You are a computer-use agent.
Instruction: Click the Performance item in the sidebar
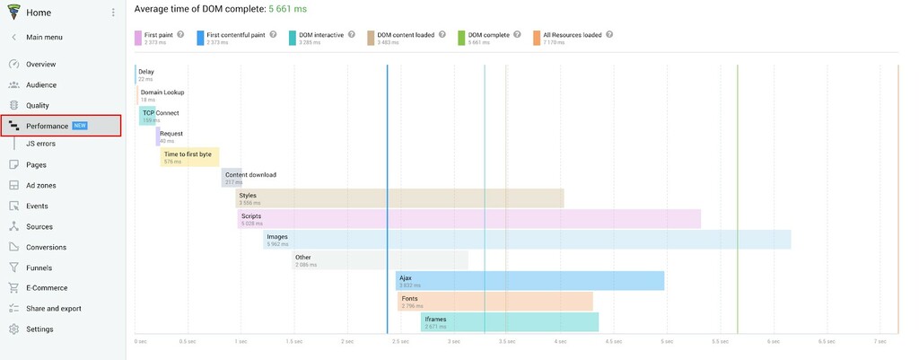click(x=47, y=126)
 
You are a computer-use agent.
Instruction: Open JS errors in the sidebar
click(x=40, y=144)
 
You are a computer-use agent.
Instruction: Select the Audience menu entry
click(x=40, y=85)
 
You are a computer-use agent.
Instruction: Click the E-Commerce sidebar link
click(x=47, y=288)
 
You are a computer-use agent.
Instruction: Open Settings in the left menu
click(x=39, y=329)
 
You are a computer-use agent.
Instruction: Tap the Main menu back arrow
click(x=13, y=38)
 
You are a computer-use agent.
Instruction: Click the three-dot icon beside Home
click(x=113, y=13)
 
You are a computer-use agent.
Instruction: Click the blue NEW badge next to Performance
click(x=80, y=126)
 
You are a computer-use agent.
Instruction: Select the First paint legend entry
click(x=157, y=35)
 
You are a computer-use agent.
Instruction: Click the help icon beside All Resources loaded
click(x=609, y=35)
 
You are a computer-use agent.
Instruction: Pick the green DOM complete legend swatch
click(x=462, y=38)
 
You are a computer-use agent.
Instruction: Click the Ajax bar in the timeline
click(x=530, y=281)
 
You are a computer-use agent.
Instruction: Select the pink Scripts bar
click(x=468, y=219)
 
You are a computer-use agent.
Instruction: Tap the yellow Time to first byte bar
click(x=188, y=157)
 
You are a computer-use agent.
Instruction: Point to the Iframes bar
click(x=509, y=322)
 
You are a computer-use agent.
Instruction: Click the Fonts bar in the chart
click(x=495, y=302)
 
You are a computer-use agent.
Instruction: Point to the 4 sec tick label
click(x=560, y=342)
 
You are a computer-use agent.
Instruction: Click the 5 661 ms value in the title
click(x=289, y=8)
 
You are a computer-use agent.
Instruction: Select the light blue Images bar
click(x=527, y=240)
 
